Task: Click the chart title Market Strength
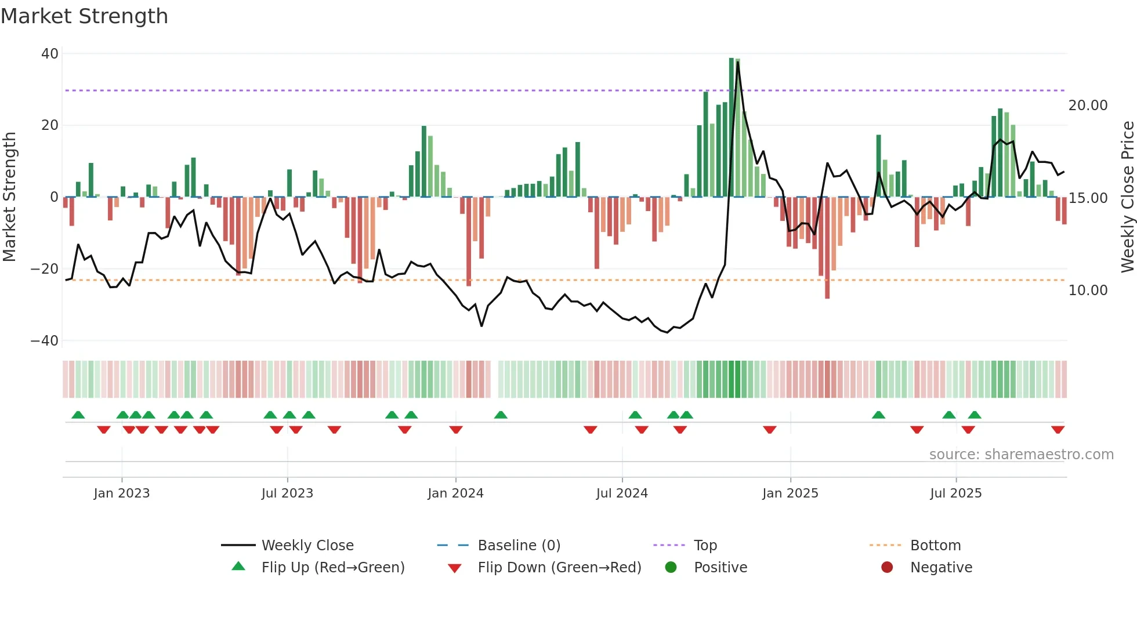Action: pos(84,16)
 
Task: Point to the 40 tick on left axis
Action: pos(50,54)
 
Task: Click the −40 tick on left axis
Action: pos(45,341)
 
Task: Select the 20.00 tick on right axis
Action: pos(1088,106)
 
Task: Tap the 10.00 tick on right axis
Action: pos(1088,291)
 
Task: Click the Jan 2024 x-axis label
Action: pos(455,493)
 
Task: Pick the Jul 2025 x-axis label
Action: pos(955,493)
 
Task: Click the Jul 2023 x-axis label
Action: pos(287,493)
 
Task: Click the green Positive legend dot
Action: pos(671,568)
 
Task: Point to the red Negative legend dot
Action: pos(887,568)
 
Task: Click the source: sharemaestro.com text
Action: pos(1021,455)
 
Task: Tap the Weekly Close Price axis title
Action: pos(1127,197)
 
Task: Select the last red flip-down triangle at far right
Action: pos(1058,430)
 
